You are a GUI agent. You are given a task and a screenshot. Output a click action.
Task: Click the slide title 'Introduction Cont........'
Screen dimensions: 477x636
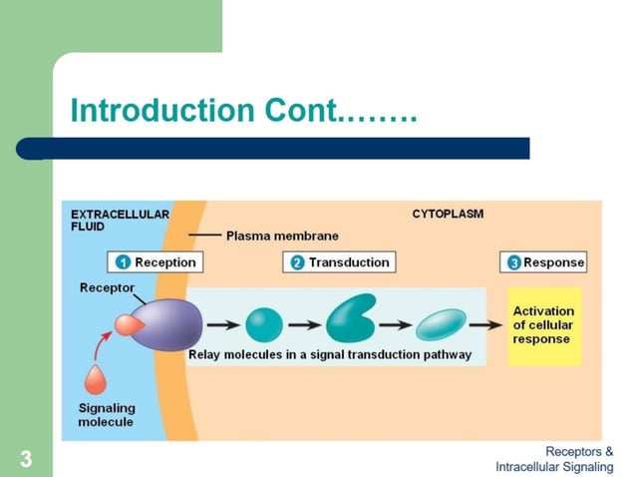243,111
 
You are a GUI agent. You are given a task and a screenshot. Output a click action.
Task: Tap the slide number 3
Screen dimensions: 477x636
26,460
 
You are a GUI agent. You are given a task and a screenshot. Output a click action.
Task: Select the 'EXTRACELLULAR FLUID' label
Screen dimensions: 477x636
120,220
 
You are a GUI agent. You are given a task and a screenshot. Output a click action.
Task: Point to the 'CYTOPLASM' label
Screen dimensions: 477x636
448,215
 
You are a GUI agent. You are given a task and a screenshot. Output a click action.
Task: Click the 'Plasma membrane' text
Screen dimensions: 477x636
282,237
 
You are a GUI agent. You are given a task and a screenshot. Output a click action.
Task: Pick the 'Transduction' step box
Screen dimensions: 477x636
339,262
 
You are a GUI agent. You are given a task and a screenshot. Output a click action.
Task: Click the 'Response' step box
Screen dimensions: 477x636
543,262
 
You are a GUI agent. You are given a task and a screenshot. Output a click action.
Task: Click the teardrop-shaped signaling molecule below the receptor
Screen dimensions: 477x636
97,381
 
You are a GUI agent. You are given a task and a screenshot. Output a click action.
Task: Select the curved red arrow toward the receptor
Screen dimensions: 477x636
103,349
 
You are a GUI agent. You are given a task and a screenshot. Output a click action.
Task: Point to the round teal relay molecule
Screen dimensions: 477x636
264,324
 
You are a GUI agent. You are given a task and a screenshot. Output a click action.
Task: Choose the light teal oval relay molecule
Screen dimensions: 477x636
441,324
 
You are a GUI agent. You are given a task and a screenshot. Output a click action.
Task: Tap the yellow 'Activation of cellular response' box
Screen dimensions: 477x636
543,325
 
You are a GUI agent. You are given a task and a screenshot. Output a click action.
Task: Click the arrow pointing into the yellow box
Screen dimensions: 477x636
486,324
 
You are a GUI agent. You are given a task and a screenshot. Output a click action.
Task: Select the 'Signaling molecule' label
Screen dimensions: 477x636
106,415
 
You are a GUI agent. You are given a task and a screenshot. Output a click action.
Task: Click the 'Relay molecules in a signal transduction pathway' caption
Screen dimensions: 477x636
330,355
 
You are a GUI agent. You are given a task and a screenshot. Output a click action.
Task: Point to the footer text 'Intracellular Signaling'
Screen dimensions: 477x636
554,467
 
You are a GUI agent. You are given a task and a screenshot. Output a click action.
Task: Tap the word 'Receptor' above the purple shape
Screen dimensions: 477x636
107,288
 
